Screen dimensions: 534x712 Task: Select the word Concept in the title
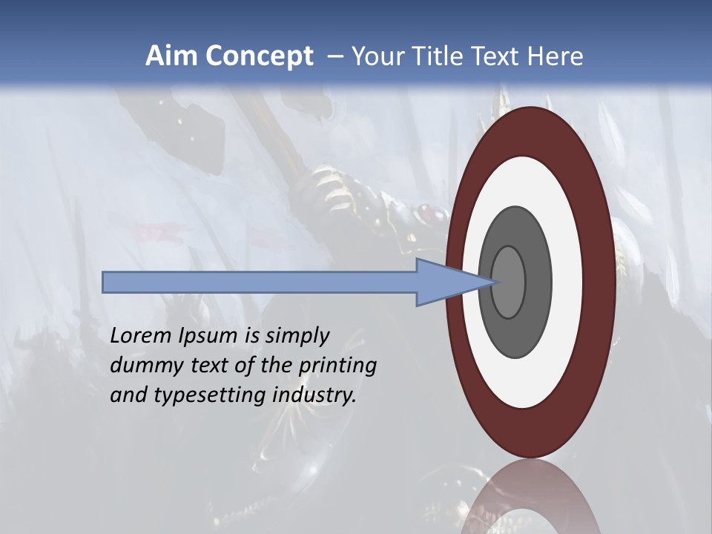pyautogui.click(x=258, y=56)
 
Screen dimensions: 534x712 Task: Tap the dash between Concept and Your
pyautogui.click(x=334, y=56)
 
